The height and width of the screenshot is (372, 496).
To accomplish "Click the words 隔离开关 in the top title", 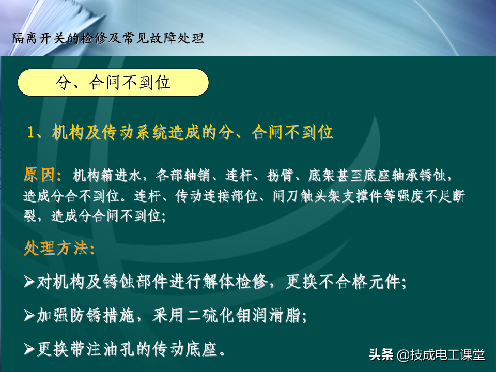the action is pyautogui.click(x=39, y=38).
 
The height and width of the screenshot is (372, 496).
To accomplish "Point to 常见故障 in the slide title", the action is pyautogui.click(x=149, y=38).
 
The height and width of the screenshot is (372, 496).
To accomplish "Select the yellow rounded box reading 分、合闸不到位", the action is pyautogui.click(x=113, y=83).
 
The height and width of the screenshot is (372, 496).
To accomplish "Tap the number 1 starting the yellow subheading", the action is pyautogui.click(x=30, y=132).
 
